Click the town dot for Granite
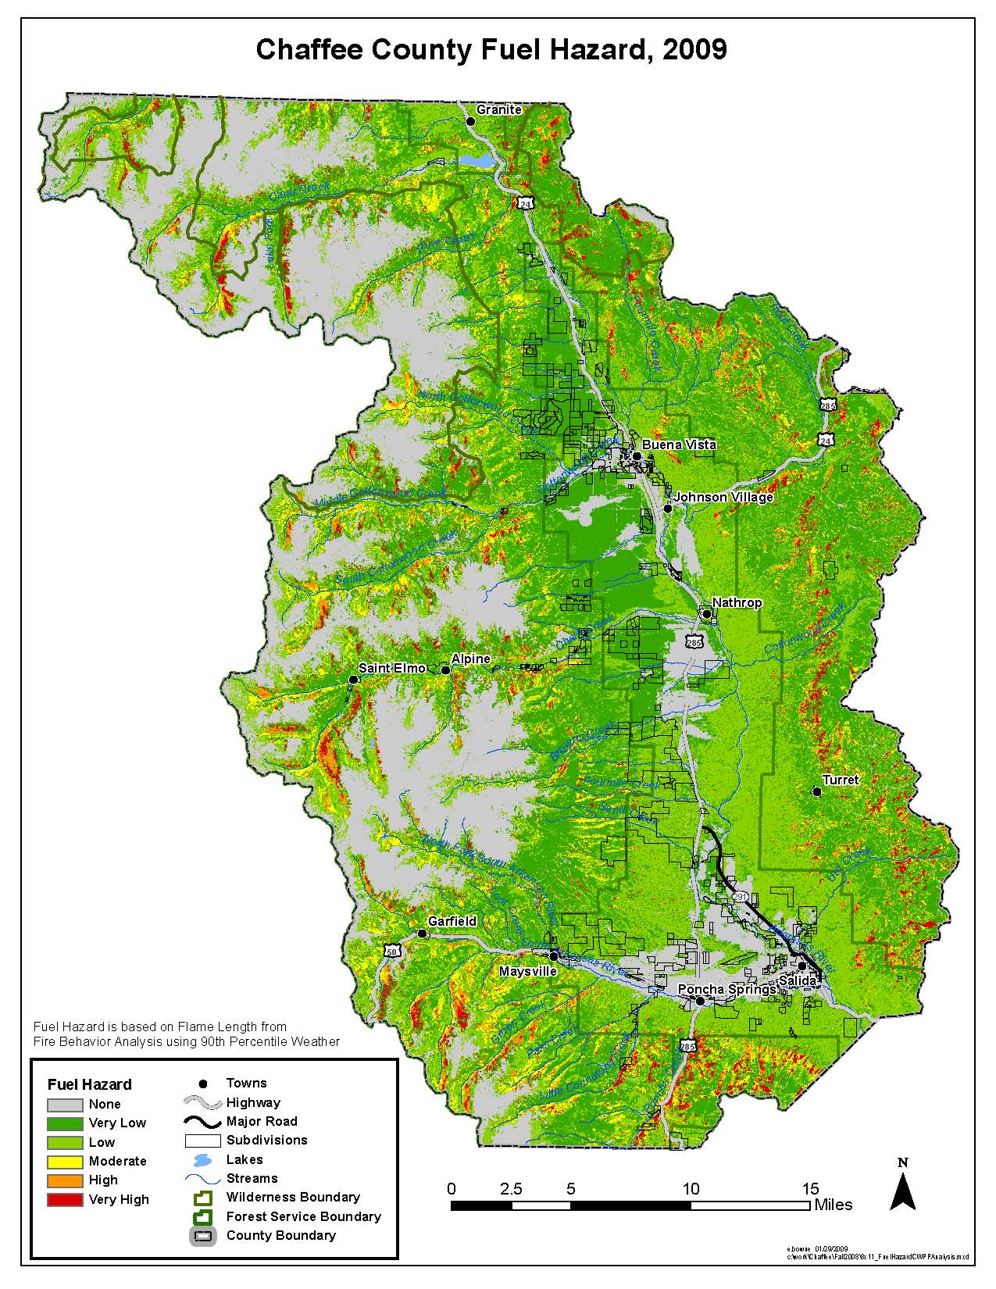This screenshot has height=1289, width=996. (x=470, y=122)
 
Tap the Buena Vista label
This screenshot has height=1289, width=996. (x=679, y=445)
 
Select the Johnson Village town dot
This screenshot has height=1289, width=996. (x=668, y=509)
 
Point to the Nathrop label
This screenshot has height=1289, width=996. (x=737, y=603)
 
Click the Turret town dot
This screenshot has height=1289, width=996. (x=817, y=791)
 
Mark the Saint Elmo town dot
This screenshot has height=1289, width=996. (x=353, y=680)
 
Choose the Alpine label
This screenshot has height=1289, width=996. (x=470, y=659)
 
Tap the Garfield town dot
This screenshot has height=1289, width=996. (x=423, y=934)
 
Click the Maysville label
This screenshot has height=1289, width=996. (x=528, y=971)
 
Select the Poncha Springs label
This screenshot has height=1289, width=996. (x=726, y=989)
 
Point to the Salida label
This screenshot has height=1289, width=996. (x=798, y=980)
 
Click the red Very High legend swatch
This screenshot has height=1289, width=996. (x=65, y=1199)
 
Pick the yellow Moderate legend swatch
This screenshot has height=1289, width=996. (x=65, y=1162)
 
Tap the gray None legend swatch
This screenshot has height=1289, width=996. (x=65, y=1105)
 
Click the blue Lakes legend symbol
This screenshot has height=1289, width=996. (x=202, y=1160)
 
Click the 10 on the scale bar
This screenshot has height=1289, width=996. (x=691, y=1189)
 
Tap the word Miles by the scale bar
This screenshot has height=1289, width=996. (x=833, y=1205)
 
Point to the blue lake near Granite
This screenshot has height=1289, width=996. (x=477, y=160)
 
